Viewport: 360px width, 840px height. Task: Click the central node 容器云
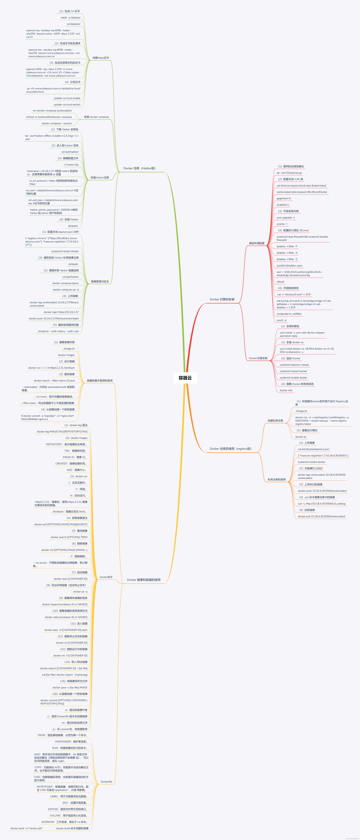point(185,378)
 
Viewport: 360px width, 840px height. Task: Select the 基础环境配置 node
point(257,243)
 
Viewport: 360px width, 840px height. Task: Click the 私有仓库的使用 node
point(277,479)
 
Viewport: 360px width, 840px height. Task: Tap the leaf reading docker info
point(286,390)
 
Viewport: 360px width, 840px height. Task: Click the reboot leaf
point(280,282)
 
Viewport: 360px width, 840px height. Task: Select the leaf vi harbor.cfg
point(71,165)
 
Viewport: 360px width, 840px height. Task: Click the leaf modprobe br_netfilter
point(289,314)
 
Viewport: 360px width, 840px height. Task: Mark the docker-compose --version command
point(57,124)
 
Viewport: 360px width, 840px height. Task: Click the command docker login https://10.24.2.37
point(61,312)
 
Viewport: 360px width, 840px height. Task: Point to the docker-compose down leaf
point(66,283)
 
